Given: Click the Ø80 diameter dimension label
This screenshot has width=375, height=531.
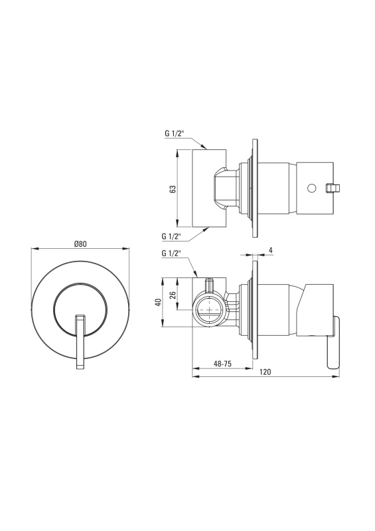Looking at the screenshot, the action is coord(80,244).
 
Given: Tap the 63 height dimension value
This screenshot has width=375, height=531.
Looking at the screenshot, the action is coord(173,189).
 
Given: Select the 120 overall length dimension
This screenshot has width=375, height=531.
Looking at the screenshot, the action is coord(265,372).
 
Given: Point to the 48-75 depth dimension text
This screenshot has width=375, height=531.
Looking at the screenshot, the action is coord(222,364).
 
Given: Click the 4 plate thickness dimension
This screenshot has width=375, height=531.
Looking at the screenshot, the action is coord(270,250).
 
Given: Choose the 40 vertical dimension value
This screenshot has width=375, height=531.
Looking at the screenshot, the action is coord(157,303).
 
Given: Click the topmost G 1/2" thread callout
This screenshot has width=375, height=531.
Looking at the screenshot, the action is coord(174,133).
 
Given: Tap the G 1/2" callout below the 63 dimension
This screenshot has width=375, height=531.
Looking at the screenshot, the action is coord(171,236).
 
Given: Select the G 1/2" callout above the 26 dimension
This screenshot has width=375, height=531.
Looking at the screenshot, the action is coord(171,254).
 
